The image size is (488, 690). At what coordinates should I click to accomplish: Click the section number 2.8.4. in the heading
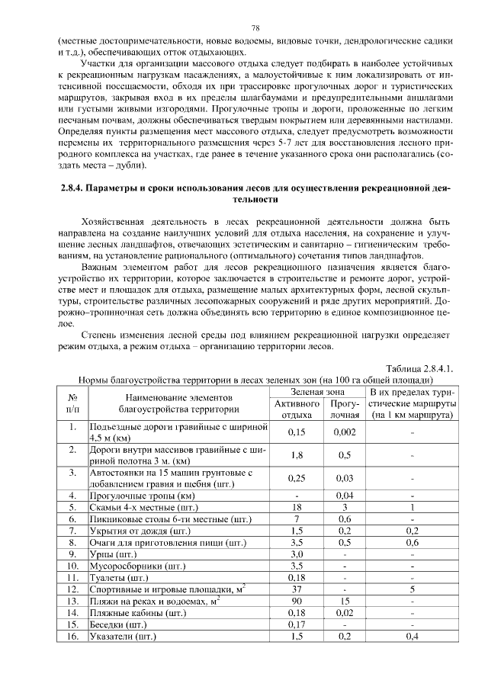[x=75, y=187]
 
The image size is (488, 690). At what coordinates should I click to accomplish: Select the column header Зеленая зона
[x=319, y=390]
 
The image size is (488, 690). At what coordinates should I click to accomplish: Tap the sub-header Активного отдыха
[x=297, y=408]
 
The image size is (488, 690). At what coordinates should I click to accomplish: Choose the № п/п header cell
[x=74, y=403]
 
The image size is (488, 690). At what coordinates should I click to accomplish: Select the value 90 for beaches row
[x=297, y=600]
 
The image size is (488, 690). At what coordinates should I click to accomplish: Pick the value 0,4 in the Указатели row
[x=412, y=635]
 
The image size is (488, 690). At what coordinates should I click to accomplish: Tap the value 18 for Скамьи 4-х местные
[x=297, y=506]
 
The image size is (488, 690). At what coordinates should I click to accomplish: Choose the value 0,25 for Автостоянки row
[x=297, y=477]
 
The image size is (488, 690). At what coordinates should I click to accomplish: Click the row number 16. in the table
[x=74, y=635]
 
